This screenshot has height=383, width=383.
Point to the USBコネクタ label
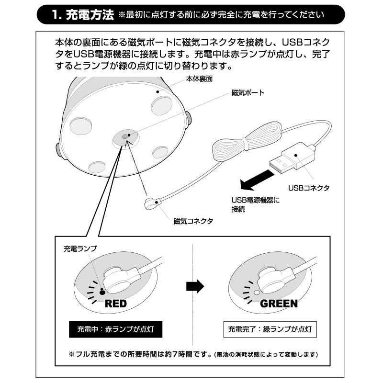pos(308,188)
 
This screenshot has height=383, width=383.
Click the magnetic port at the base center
pos(124,137)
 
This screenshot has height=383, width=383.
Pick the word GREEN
pos(279,304)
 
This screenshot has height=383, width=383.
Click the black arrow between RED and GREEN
pos(194,286)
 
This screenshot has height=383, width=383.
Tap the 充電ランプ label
pos(80,249)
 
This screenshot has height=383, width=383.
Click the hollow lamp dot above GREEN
pos(256,292)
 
